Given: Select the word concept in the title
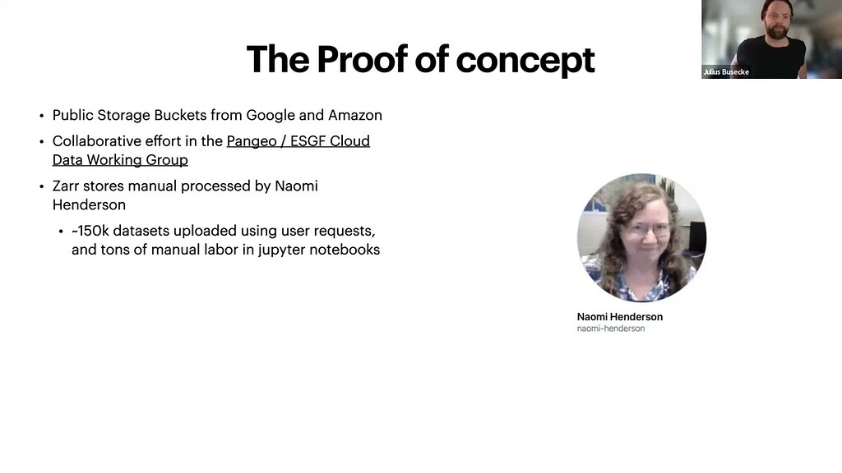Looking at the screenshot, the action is [525, 62].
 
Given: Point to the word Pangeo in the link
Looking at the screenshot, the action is [251, 141].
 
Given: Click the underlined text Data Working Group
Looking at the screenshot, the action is [120, 160].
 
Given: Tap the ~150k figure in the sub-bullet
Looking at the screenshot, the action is [90, 231].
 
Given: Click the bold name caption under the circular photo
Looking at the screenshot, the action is [620, 317].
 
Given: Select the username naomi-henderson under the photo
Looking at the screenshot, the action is [611, 328].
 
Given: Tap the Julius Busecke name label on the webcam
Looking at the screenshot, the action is [726, 72].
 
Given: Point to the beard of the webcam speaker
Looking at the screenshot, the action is [776, 30].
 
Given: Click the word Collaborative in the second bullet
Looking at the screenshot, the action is [95, 141].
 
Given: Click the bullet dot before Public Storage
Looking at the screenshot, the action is [41, 116].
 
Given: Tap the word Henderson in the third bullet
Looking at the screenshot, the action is [89, 204].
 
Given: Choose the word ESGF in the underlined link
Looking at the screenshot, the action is [308, 141].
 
